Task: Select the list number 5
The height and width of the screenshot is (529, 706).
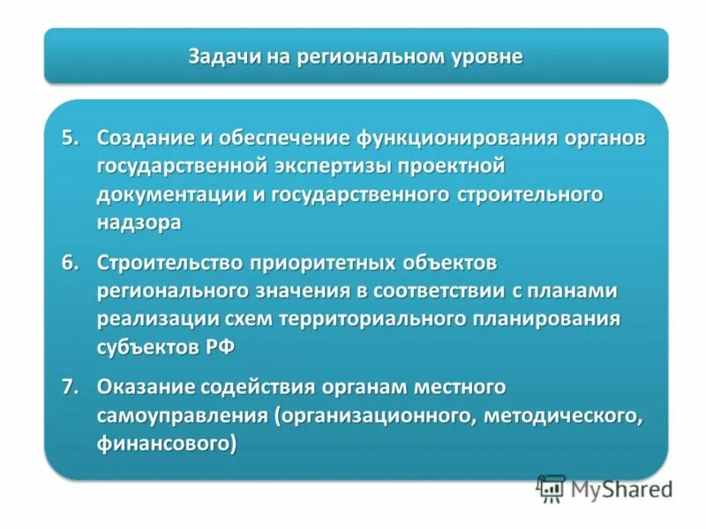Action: click(70, 138)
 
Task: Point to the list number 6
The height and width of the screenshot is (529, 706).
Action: click(70, 262)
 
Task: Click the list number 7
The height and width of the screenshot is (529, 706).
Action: click(70, 386)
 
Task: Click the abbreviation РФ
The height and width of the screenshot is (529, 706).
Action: click(222, 346)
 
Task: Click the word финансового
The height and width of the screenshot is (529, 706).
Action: click(167, 443)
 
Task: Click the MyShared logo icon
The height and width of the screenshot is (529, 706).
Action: click(552, 488)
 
